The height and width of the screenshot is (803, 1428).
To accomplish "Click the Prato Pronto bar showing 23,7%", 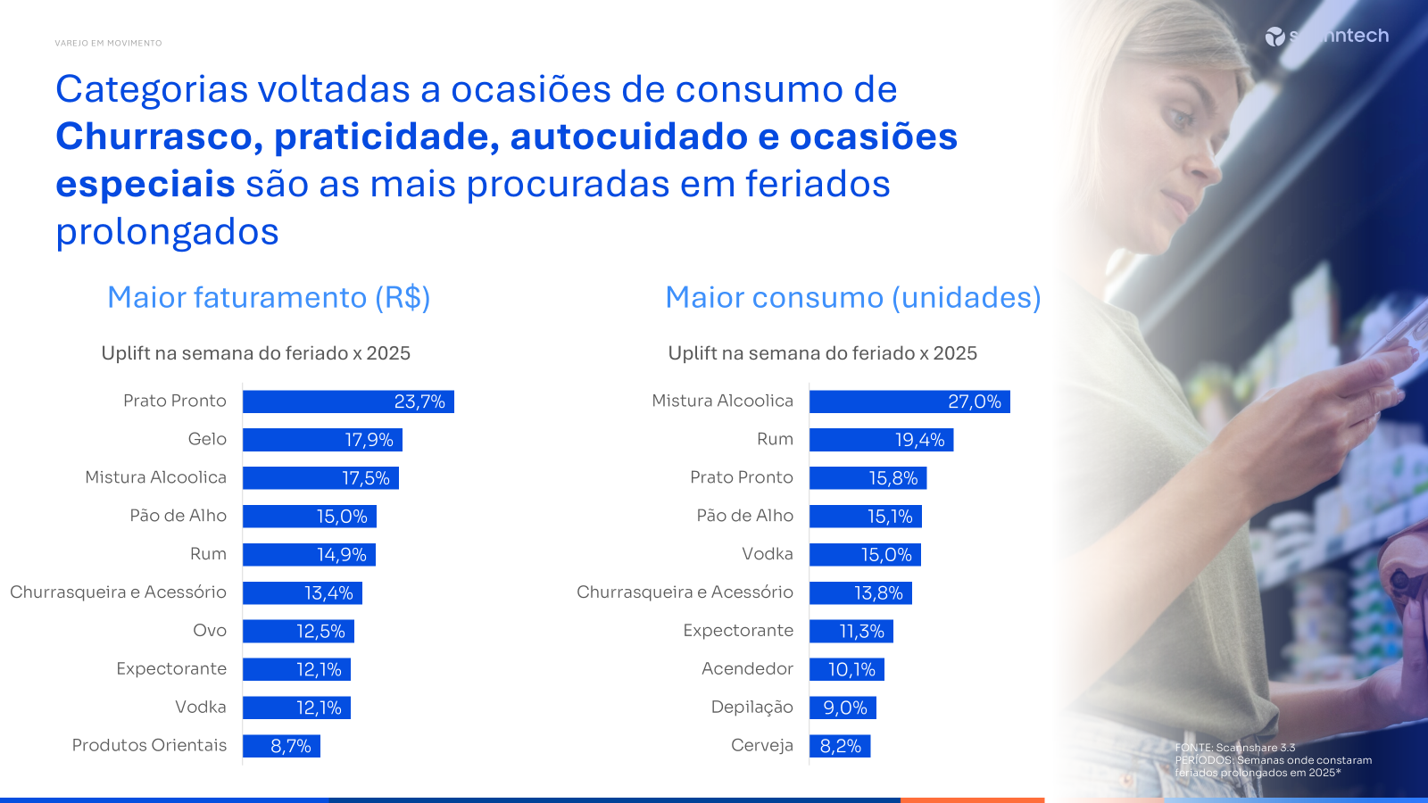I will (x=348, y=401).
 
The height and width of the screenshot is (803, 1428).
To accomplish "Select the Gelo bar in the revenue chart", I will (x=322, y=440).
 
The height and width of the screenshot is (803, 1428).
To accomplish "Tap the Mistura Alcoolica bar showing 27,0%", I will (x=909, y=401).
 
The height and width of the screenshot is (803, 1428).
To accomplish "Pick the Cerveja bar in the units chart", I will (x=840, y=746).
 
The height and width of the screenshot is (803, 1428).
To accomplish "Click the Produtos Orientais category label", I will (x=149, y=745).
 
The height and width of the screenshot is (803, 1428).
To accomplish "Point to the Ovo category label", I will (x=210, y=630).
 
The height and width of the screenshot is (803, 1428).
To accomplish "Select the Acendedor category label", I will (x=747, y=668).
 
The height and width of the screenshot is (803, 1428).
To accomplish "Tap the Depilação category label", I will (x=751, y=707).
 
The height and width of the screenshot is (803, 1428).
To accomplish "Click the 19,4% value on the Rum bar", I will (x=919, y=440).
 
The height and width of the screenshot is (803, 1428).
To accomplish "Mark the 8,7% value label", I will (x=291, y=746).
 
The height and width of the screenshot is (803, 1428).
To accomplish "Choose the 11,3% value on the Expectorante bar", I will (x=861, y=632).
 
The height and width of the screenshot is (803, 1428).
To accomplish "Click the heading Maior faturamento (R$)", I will (x=269, y=297).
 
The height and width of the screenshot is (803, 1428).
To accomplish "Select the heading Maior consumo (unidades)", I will (x=853, y=297).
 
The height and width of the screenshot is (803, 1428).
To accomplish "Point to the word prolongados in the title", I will (x=167, y=232).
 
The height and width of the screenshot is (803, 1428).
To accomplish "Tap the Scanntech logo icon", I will (x=1274, y=37).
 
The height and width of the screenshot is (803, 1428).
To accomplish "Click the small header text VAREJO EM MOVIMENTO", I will (x=108, y=43).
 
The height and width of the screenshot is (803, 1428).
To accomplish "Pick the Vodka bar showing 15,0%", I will (x=865, y=555).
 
